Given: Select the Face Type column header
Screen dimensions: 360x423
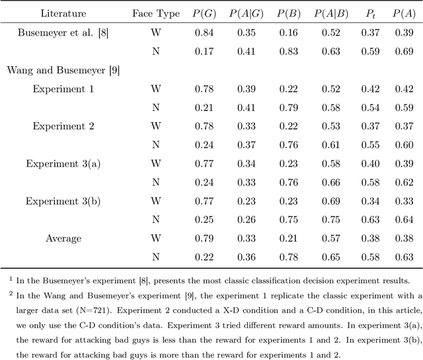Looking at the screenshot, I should pyautogui.click(x=156, y=13).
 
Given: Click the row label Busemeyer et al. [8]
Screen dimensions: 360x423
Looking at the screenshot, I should pyautogui.click(x=58, y=32).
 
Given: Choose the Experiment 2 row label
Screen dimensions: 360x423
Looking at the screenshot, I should pyautogui.click(x=58, y=126).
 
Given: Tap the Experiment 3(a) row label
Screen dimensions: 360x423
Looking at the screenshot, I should pyautogui.click(x=58, y=163).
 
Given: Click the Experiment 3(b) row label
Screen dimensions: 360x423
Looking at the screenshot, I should pyautogui.click(x=58, y=201).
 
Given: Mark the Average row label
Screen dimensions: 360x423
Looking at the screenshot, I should pyautogui.click(x=64, y=238).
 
